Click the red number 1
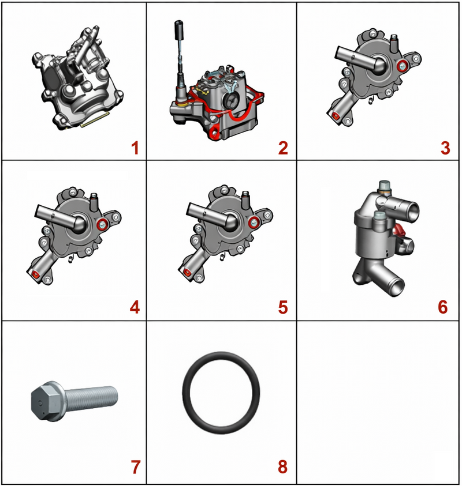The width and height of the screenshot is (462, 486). coord(135,148)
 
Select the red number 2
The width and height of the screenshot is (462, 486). coord(283,148)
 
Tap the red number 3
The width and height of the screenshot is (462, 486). coord(445,148)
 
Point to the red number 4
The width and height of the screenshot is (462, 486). coord(135,307)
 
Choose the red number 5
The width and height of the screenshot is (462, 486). coord(283,307)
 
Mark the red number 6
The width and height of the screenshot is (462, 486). coord(443,307)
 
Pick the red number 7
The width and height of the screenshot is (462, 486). coord(135,467)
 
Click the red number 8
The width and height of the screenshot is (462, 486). coord(282,467)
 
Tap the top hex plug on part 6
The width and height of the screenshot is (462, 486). coord(385,186)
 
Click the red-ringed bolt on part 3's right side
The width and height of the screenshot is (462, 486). coord(403,66)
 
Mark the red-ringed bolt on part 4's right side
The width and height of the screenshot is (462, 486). coord(102,224)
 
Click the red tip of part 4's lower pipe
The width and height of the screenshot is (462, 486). coord(35,274)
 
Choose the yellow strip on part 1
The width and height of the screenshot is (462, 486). coord(95,119)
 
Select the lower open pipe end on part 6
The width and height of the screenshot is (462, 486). coord(396,287)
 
